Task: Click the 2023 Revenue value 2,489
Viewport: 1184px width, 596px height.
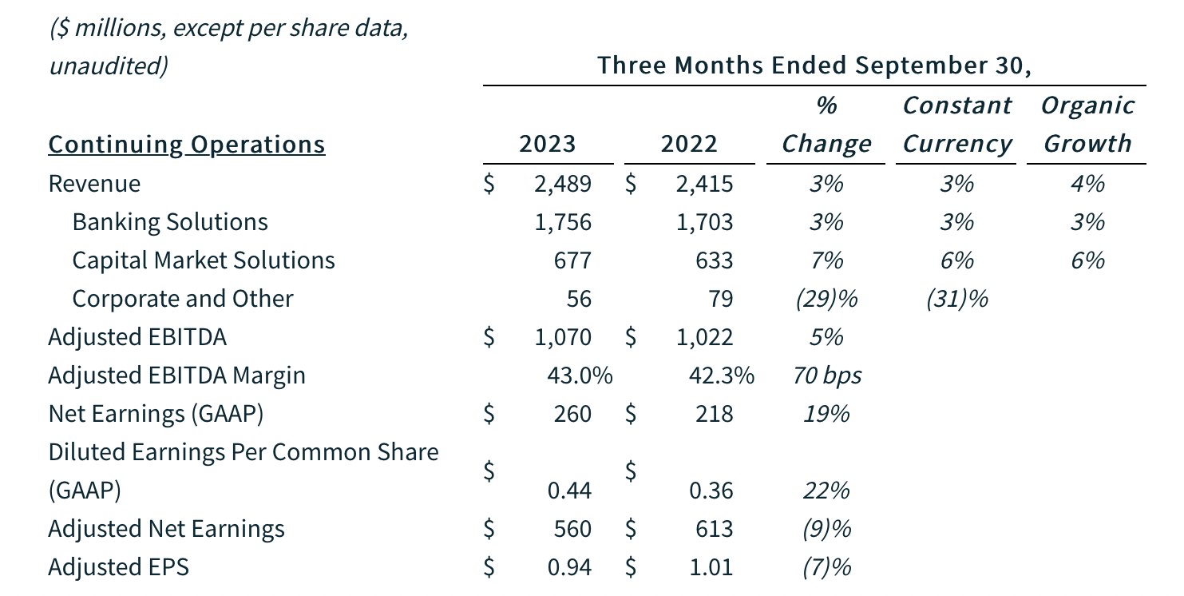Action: click(562, 184)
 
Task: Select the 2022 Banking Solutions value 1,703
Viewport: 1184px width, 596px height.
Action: click(703, 222)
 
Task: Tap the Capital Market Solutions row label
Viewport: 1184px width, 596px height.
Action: click(203, 260)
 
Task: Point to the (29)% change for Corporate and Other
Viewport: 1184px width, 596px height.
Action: click(826, 299)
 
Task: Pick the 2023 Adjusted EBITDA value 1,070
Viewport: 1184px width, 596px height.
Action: click(562, 337)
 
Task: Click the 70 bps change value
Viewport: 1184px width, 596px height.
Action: click(827, 375)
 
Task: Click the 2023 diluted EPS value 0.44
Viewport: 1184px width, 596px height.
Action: click(569, 490)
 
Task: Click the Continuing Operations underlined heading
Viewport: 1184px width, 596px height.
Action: click(187, 145)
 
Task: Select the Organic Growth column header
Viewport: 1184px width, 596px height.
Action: click(1087, 125)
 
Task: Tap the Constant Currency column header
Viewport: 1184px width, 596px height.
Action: click(956, 125)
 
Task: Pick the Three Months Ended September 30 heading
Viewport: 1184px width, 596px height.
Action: click(814, 66)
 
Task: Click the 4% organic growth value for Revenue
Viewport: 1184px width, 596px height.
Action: click(1087, 184)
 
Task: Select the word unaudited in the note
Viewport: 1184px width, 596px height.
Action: click(108, 66)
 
